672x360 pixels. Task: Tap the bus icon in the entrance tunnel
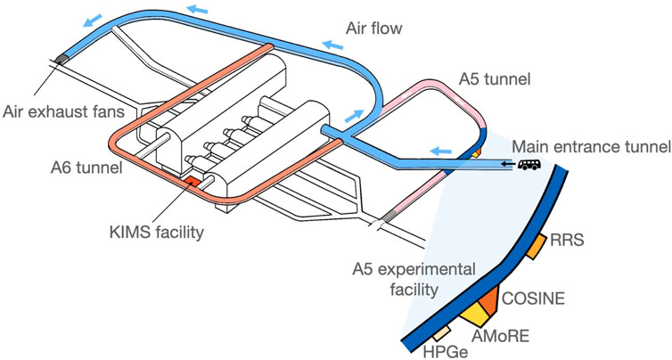tap(528, 167)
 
